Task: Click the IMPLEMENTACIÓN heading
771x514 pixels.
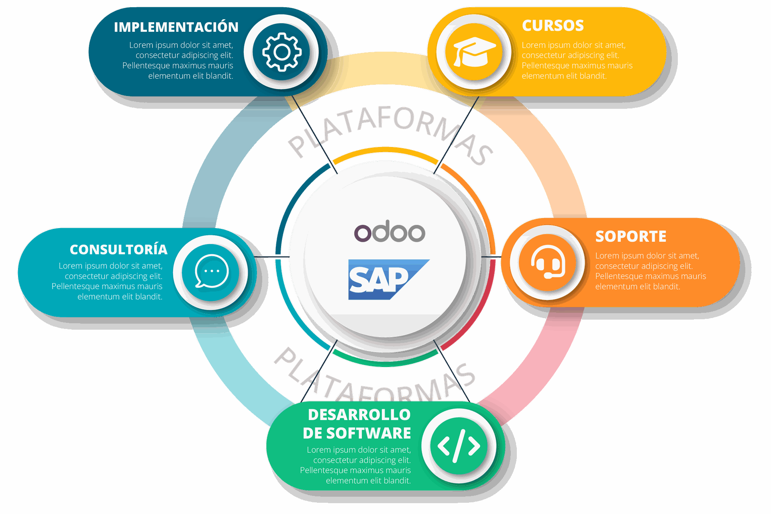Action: click(x=176, y=27)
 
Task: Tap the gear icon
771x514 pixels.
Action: click(x=281, y=52)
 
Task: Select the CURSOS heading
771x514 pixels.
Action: click(x=553, y=26)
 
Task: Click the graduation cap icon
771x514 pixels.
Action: click(x=474, y=52)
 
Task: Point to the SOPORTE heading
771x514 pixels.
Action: click(x=631, y=236)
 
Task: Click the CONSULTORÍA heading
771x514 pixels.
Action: click(x=118, y=249)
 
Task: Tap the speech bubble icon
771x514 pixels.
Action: click(x=212, y=271)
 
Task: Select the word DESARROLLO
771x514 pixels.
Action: click(x=359, y=414)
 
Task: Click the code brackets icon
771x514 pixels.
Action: click(x=459, y=446)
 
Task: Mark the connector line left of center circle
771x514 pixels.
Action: click(x=271, y=257)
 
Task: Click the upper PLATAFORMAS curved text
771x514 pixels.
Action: click(x=390, y=128)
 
